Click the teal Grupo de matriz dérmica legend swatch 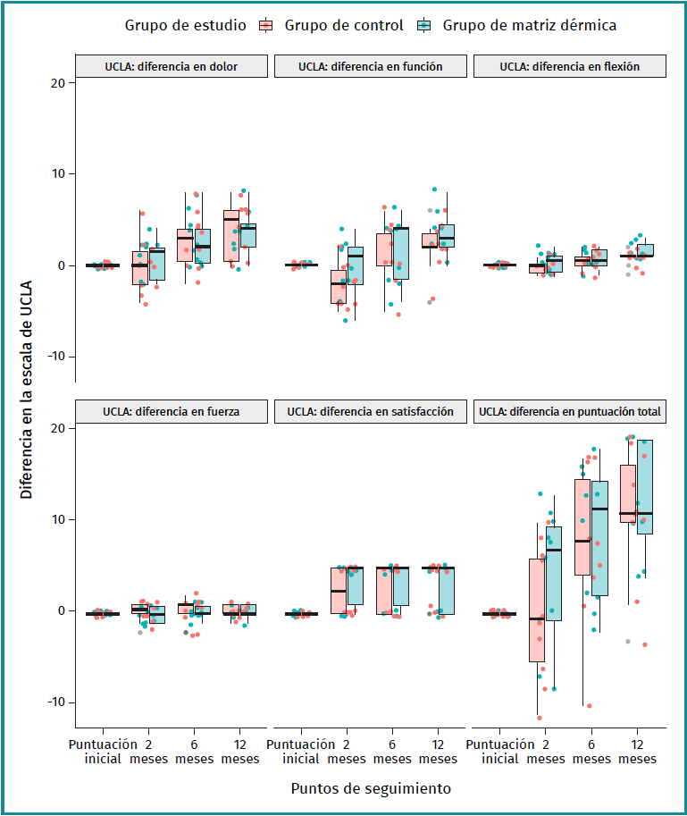(x=425, y=26)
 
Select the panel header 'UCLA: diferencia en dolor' (x=170, y=66)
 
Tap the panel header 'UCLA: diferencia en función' (x=370, y=66)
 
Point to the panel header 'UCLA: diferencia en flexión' (x=569, y=66)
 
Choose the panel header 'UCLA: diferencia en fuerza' (x=170, y=412)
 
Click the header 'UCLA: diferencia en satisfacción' (x=370, y=412)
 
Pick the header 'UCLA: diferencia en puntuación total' (x=570, y=412)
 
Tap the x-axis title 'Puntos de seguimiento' (x=370, y=789)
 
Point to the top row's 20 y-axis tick (x=59, y=83)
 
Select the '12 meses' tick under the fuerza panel (x=240, y=752)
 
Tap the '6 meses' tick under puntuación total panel (x=591, y=752)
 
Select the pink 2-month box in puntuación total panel (x=537, y=610)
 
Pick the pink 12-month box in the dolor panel (x=231, y=236)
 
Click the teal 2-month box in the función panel (x=355, y=265)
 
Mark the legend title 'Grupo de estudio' (x=185, y=26)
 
